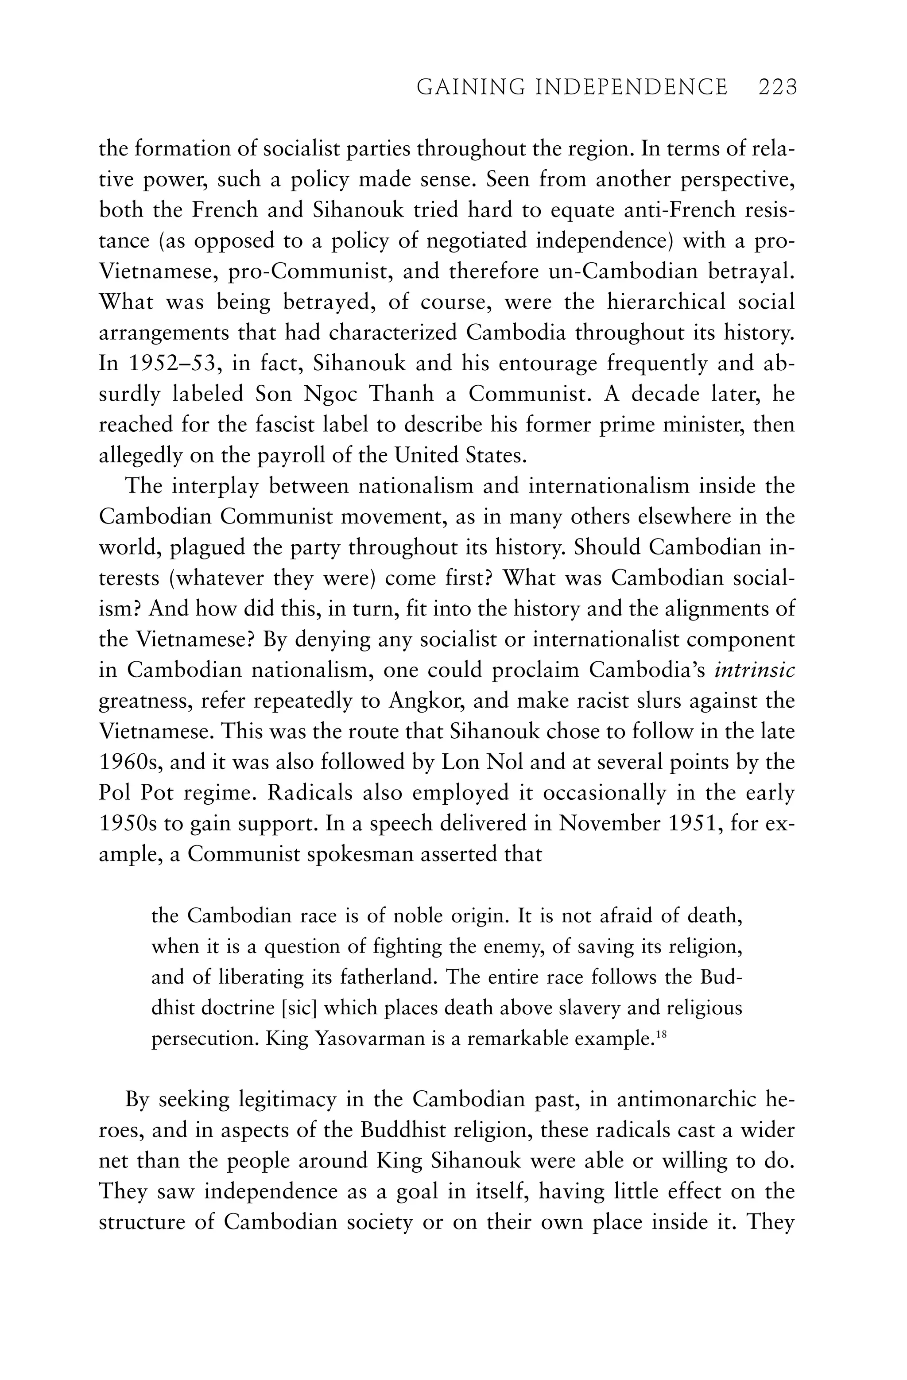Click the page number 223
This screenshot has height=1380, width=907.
778,88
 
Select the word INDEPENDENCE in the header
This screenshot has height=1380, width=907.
631,88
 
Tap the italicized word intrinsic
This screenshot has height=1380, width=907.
755,670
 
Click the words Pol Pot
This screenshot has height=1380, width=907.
137,793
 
